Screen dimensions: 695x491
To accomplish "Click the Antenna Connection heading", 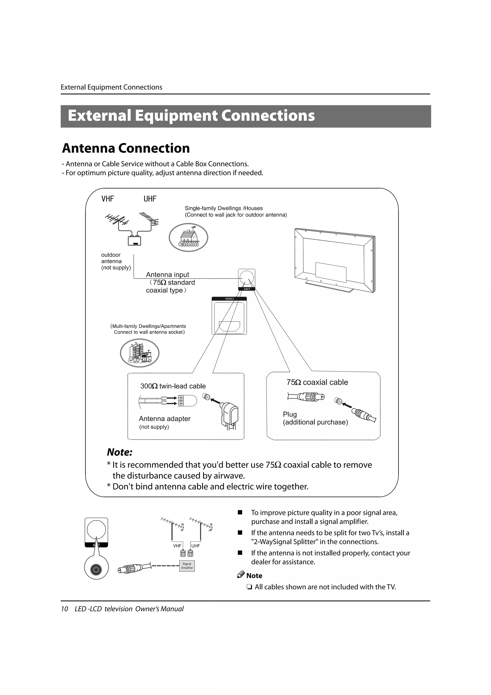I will click(x=126, y=148).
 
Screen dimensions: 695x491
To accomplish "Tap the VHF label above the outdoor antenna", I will click(x=108, y=199).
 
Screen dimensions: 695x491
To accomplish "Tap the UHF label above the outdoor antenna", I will click(x=150, y=199).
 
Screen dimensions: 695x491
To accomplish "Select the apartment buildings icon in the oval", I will click(x=140, y=353).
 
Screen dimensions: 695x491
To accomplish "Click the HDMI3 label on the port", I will click(x=229, y=299).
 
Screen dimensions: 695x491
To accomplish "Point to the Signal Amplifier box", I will click(x=187, y=566).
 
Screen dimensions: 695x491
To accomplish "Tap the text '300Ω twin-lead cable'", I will click(x=173, y=386).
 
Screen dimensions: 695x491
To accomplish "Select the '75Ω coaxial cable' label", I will click(x=317, y=382).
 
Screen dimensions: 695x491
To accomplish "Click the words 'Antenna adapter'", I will click(x=164, y=419).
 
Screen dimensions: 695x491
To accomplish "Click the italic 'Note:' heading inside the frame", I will click(x=120, y=452).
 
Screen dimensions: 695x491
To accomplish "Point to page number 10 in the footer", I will click(x=64, y=609).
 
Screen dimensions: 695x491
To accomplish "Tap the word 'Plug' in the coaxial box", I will click(x=290, y=414).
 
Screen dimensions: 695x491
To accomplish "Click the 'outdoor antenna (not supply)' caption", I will click(x=116, y=261).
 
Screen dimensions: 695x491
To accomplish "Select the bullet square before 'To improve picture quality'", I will click(x=240, y=512).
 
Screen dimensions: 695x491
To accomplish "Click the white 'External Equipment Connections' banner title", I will click(x=191, y=116).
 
